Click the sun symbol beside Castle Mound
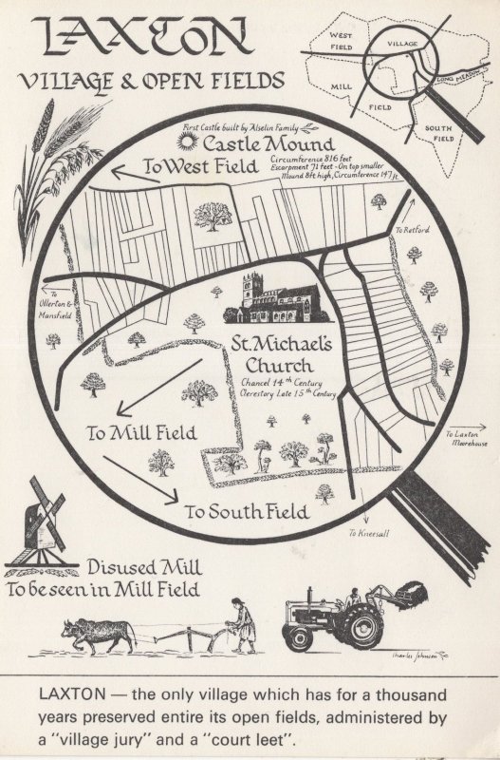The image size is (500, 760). pos(190,142)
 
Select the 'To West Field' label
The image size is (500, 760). pos(199,167)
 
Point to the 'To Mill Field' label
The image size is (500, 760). pos(141,433)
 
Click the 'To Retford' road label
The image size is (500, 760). pos(412,230)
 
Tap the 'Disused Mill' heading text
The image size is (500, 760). pos(144,568)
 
